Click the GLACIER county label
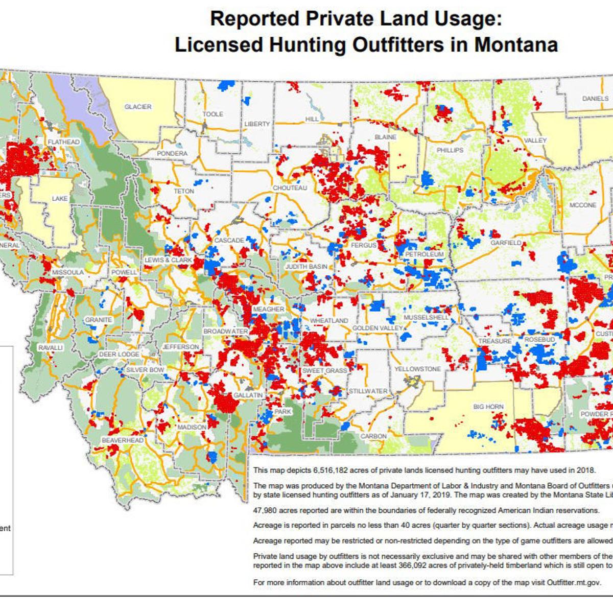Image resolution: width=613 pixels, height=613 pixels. (138, 107)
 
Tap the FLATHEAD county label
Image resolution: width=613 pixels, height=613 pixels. (64, 142)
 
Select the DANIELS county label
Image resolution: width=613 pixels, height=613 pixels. (595, 98)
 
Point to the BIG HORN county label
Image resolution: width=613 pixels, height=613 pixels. (488, 407)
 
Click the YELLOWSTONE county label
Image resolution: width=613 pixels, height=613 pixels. (417, 369)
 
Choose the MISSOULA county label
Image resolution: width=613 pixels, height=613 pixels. (67, 272)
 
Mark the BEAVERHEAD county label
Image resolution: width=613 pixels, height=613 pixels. (122, 440)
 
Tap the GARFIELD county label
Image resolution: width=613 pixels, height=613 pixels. (506, 243)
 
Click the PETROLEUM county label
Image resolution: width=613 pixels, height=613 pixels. (425, 254)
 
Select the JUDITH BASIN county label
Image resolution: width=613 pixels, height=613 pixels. (306, 267)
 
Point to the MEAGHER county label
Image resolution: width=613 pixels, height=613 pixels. (268, 309)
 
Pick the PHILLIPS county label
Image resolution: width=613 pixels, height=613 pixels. (450, 150)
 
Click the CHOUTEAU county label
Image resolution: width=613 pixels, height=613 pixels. (290, 188)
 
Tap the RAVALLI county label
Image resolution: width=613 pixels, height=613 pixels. (50, 347)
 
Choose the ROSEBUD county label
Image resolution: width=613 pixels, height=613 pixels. (539, 339)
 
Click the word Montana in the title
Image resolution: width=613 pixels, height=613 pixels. (516, 45)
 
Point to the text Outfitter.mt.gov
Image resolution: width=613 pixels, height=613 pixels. (574, 582)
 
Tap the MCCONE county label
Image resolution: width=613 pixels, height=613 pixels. (582, 205)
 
